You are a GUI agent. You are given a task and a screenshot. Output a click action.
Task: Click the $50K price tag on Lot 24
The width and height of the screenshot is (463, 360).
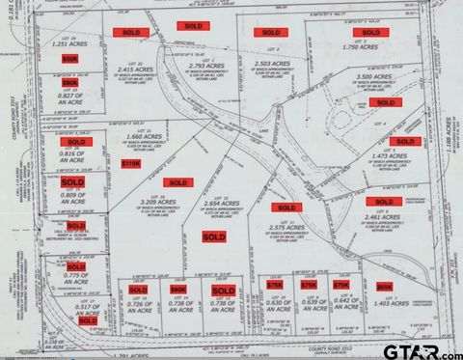click(x=68, y=59)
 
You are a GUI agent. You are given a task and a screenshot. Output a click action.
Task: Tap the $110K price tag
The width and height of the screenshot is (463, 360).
click(x=130, y=164)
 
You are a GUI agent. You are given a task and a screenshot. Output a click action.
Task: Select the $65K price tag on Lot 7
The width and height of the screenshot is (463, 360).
click(x=384, y=286)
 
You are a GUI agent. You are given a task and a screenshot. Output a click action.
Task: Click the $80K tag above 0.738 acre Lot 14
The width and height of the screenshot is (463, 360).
click(x=177, y=289)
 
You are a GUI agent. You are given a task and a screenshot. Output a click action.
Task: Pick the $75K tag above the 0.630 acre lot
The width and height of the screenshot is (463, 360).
click(x=275, y=286)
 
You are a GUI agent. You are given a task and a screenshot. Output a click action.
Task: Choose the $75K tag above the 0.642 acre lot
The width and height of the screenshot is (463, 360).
click(x=340, y=286)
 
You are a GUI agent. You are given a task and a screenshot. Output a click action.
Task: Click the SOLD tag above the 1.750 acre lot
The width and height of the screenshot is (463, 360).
click(x=366, y=32)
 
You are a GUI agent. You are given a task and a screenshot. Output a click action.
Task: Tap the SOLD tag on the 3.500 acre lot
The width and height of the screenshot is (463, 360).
click(x=384, y=102)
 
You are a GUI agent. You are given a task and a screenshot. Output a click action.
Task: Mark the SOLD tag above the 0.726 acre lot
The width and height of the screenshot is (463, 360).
click(x=138, y=289)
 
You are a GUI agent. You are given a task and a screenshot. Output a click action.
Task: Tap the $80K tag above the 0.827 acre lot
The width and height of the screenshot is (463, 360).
click(x=69, y=83)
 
